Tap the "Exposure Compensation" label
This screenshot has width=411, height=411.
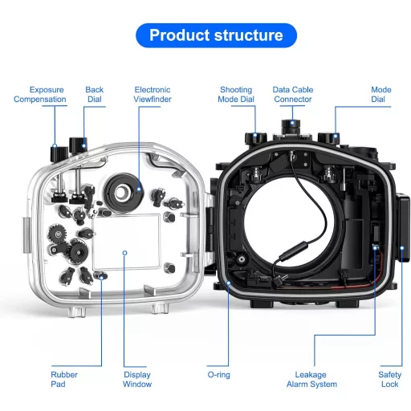coord(40,95)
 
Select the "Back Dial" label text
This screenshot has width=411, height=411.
coord(94,95)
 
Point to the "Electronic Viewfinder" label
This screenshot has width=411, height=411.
coord(153,95)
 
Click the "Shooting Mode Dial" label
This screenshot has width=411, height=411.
coord(235,95)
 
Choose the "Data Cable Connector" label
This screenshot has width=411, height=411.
coord(292,95)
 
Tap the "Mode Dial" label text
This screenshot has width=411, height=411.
coord(380,95)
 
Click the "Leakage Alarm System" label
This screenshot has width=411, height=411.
coord(312,379)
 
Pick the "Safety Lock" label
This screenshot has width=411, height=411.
coord(391,379)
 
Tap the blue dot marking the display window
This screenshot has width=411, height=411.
coord(125,252)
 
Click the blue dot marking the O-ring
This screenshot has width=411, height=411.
coord(230,283)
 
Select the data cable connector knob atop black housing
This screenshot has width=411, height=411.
coord(292,129)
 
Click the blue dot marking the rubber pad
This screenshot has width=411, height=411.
coord(101,275)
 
